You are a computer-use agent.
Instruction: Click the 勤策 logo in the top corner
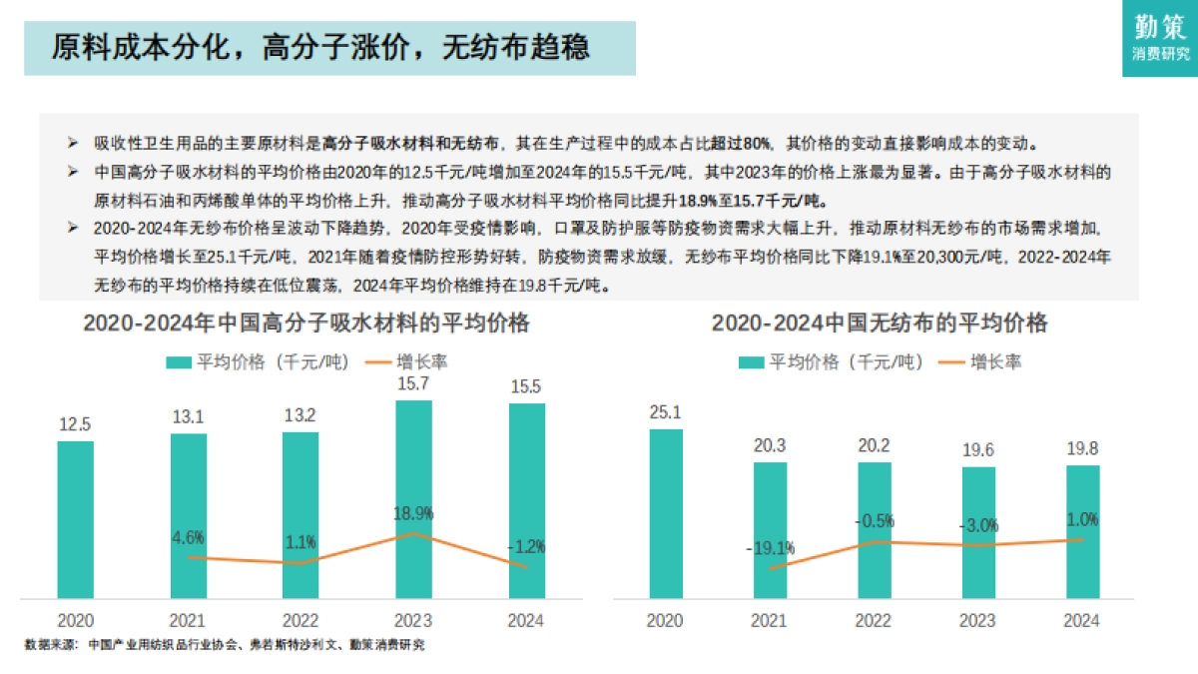pyautogui.click(x=1160, y=37)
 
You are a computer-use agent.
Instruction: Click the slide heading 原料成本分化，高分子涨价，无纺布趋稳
pyautogui.click(x=319, y=47)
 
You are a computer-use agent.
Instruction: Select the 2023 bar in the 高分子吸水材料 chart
pyautogui.click(x=413, y=499)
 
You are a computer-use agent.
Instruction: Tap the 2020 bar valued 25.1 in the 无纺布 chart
pyautogui.click(x=665, y=514)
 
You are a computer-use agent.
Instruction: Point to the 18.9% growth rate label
pyautogui.click(x=413, y=513)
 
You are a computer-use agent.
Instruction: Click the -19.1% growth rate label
pyautogui.click(x=770, y=547)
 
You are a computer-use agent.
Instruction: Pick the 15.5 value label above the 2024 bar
pyautogui.click(x=525, y=386)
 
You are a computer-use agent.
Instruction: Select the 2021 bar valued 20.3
pyautogui.click(x=770, y=529)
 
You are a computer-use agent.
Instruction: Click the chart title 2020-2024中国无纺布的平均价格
pyautogui.click(x=880, y=324)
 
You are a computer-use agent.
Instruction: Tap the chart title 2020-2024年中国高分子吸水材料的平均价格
pyautogui.click(x=305, y=324)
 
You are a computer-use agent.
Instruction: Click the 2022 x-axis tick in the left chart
pyautogui.click(x=300, y=621)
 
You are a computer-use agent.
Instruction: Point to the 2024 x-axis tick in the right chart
pyautogui.click(x=1081, y=621)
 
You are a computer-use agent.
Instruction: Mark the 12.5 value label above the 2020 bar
pyautogui.click(x=75, y=424)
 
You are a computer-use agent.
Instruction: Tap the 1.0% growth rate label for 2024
pyautogui.click(x=1081, y=519)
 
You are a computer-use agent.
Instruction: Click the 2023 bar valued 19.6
pyautogui.click(x=978, y=533)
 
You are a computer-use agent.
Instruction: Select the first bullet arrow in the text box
pyautogui.click(x=72, y=143)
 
